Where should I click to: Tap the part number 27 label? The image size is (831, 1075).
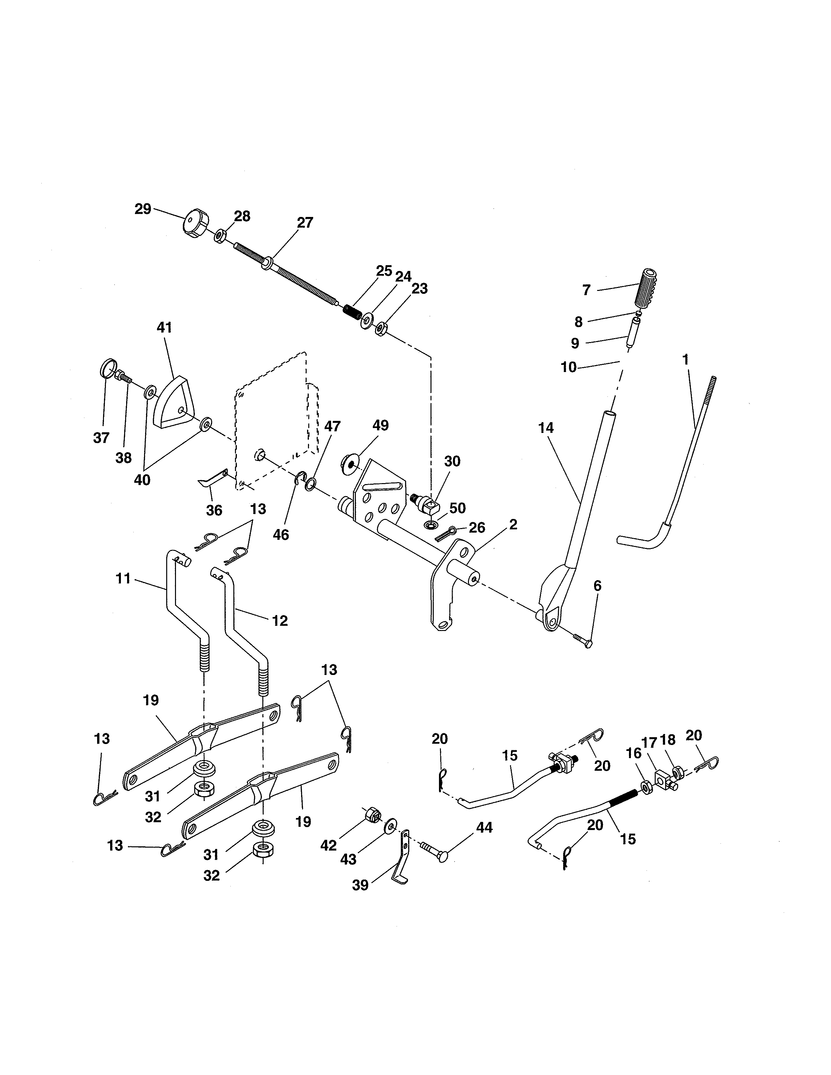point(305,223)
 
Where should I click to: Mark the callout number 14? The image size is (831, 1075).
point(546,428)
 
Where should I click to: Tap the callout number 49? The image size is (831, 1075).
point(381,425)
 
